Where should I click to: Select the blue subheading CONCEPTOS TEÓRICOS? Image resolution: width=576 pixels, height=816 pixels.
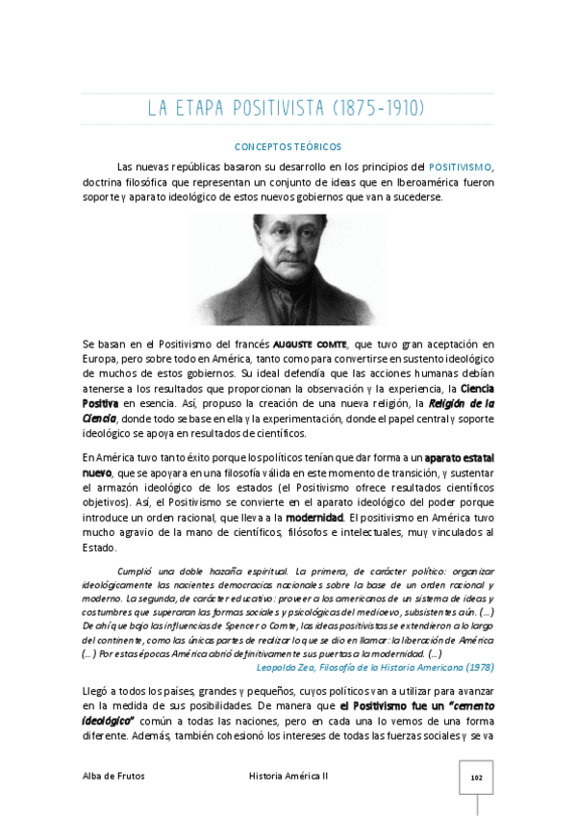(x=288, y=147)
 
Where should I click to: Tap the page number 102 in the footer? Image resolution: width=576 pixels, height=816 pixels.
(x=475, y=777)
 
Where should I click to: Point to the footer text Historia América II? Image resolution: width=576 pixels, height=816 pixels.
(x=288, y=776)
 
